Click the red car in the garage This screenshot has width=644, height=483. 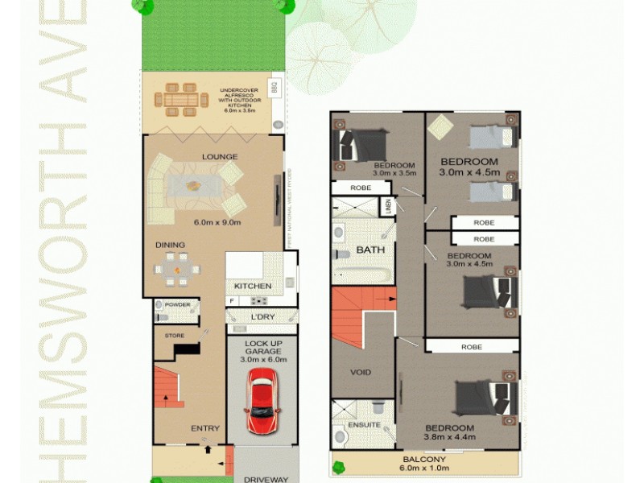(261, 402)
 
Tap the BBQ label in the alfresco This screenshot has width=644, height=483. (274, 86)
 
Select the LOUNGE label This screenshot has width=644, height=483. (219, 157)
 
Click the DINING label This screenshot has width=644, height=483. (171, 245)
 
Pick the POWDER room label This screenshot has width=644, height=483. (177, 305)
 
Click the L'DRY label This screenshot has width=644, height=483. (262, 317)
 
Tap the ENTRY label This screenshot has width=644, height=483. (205, 428)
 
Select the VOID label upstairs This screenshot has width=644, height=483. (360, 372)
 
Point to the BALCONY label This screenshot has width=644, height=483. (425, 460)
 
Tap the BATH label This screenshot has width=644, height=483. (370, 250)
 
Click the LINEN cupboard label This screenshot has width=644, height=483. (387, 207)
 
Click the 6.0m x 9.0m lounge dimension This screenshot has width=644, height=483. (217, 223)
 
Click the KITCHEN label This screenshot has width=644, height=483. (253, 286)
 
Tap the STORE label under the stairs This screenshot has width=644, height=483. (175, 336)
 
